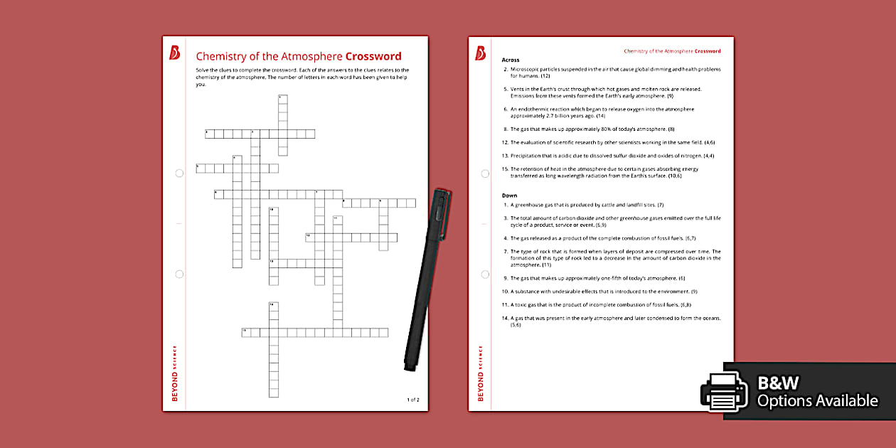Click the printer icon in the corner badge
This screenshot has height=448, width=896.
[725, 391]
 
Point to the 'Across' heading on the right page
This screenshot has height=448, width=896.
[511, 60]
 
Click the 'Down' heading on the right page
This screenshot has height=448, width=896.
[509, 195]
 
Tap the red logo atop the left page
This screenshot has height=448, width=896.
[175, 53]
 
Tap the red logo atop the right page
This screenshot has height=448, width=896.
[481, 53]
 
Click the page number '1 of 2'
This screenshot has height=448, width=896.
[413, 400]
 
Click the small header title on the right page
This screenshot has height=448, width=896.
[672, 51]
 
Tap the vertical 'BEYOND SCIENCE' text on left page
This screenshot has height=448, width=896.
[175, 373]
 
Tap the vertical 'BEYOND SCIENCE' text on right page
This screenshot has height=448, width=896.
[481, 373]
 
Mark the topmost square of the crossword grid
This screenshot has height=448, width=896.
[282, 99]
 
